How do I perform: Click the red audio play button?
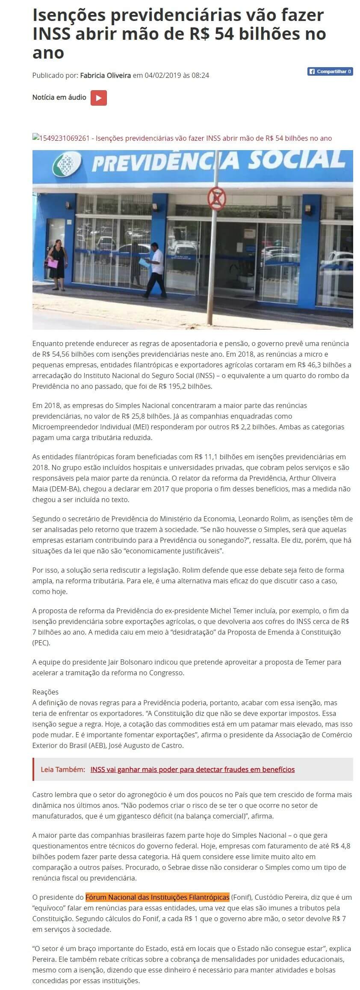[98, 98]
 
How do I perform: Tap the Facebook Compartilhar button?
[330, 71]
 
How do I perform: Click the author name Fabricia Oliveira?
[105, 75]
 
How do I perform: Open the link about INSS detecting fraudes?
[192, 769]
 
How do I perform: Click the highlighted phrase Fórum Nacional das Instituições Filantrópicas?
[157, 897]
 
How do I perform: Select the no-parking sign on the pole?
[216, 198]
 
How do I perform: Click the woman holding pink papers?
[57, 258]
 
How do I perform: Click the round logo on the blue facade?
[66, 164]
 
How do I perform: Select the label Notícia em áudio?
[59, 98]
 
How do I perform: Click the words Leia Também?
[63, 769]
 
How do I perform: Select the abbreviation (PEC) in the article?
[41, 643]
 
